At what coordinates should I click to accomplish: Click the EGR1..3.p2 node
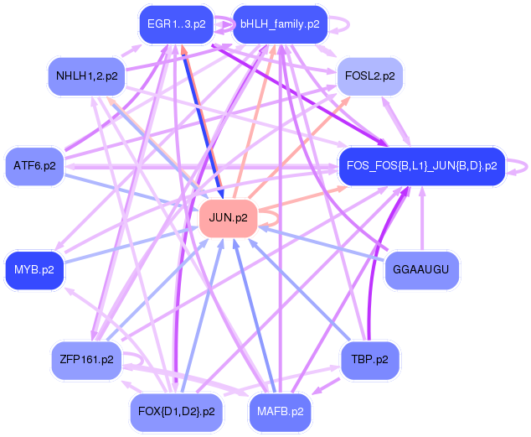177,24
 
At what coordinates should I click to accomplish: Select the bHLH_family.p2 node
280,24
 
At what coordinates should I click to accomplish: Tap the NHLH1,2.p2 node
87,76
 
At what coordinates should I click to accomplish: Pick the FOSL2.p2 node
370,76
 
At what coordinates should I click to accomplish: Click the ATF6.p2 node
34,166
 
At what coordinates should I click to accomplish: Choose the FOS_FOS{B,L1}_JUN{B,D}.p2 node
422,166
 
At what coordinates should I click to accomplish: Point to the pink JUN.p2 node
229,218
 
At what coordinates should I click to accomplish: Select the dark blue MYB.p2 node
34,270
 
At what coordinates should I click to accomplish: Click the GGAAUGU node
422,270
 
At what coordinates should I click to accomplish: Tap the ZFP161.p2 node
87,360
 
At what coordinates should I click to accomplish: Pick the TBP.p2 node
370,360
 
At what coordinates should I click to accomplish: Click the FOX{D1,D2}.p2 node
177,412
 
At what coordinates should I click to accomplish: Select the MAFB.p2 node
280,412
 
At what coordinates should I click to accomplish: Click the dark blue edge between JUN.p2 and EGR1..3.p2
203,122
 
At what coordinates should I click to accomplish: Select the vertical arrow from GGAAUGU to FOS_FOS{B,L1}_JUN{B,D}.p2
422,219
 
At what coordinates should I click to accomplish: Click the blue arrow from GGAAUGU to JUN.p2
322,244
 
